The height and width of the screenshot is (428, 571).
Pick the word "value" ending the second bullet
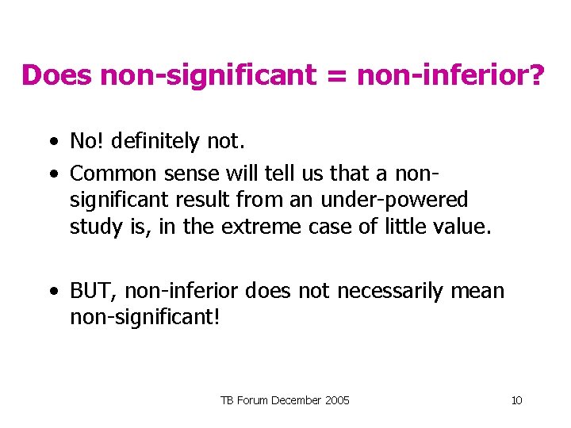coord(464,227)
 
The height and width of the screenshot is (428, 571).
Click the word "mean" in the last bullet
coord(477,291)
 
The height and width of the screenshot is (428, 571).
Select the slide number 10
coord(516,400)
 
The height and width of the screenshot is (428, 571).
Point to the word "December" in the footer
coord(297,400)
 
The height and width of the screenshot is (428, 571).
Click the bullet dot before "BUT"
coord(52,292)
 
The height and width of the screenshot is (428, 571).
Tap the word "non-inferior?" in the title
coord(451,76)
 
